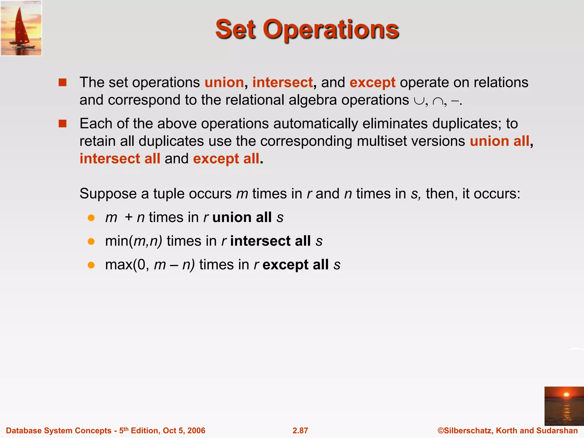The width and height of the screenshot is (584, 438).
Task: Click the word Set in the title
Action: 235,29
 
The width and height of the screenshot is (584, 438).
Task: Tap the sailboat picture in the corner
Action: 21,28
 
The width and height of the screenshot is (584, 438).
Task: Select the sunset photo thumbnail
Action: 564,406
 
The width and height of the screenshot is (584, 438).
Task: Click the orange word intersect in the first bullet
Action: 283,82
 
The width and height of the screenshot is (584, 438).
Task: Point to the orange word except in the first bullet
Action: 372,82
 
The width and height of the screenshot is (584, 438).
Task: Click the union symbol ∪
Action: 419,101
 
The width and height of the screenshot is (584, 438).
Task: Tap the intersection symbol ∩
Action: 437,101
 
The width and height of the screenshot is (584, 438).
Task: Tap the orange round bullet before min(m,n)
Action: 91,242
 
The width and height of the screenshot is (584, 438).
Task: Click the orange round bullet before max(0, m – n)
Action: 91,265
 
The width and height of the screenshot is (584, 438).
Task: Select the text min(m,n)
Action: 133,241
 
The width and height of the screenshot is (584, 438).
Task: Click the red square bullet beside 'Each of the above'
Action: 62,123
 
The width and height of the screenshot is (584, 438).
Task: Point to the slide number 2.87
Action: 300,430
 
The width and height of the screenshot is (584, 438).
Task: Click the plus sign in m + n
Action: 129,218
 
